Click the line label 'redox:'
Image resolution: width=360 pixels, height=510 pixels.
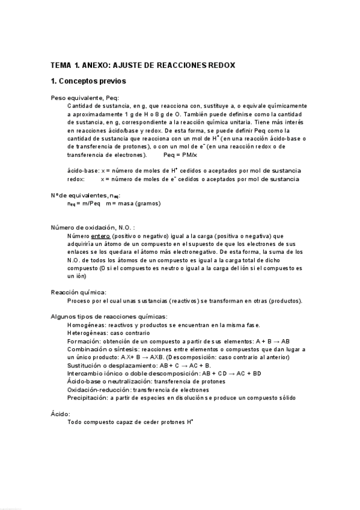click(x=76, y=179)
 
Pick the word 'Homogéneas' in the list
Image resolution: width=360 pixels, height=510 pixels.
click(x=84, y=325)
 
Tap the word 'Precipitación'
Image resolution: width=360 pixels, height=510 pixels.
click(x=86, y=398)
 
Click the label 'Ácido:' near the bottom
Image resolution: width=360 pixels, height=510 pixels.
click(x=61, y=414)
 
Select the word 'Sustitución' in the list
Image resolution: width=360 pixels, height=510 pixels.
click(x=84, y=365)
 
